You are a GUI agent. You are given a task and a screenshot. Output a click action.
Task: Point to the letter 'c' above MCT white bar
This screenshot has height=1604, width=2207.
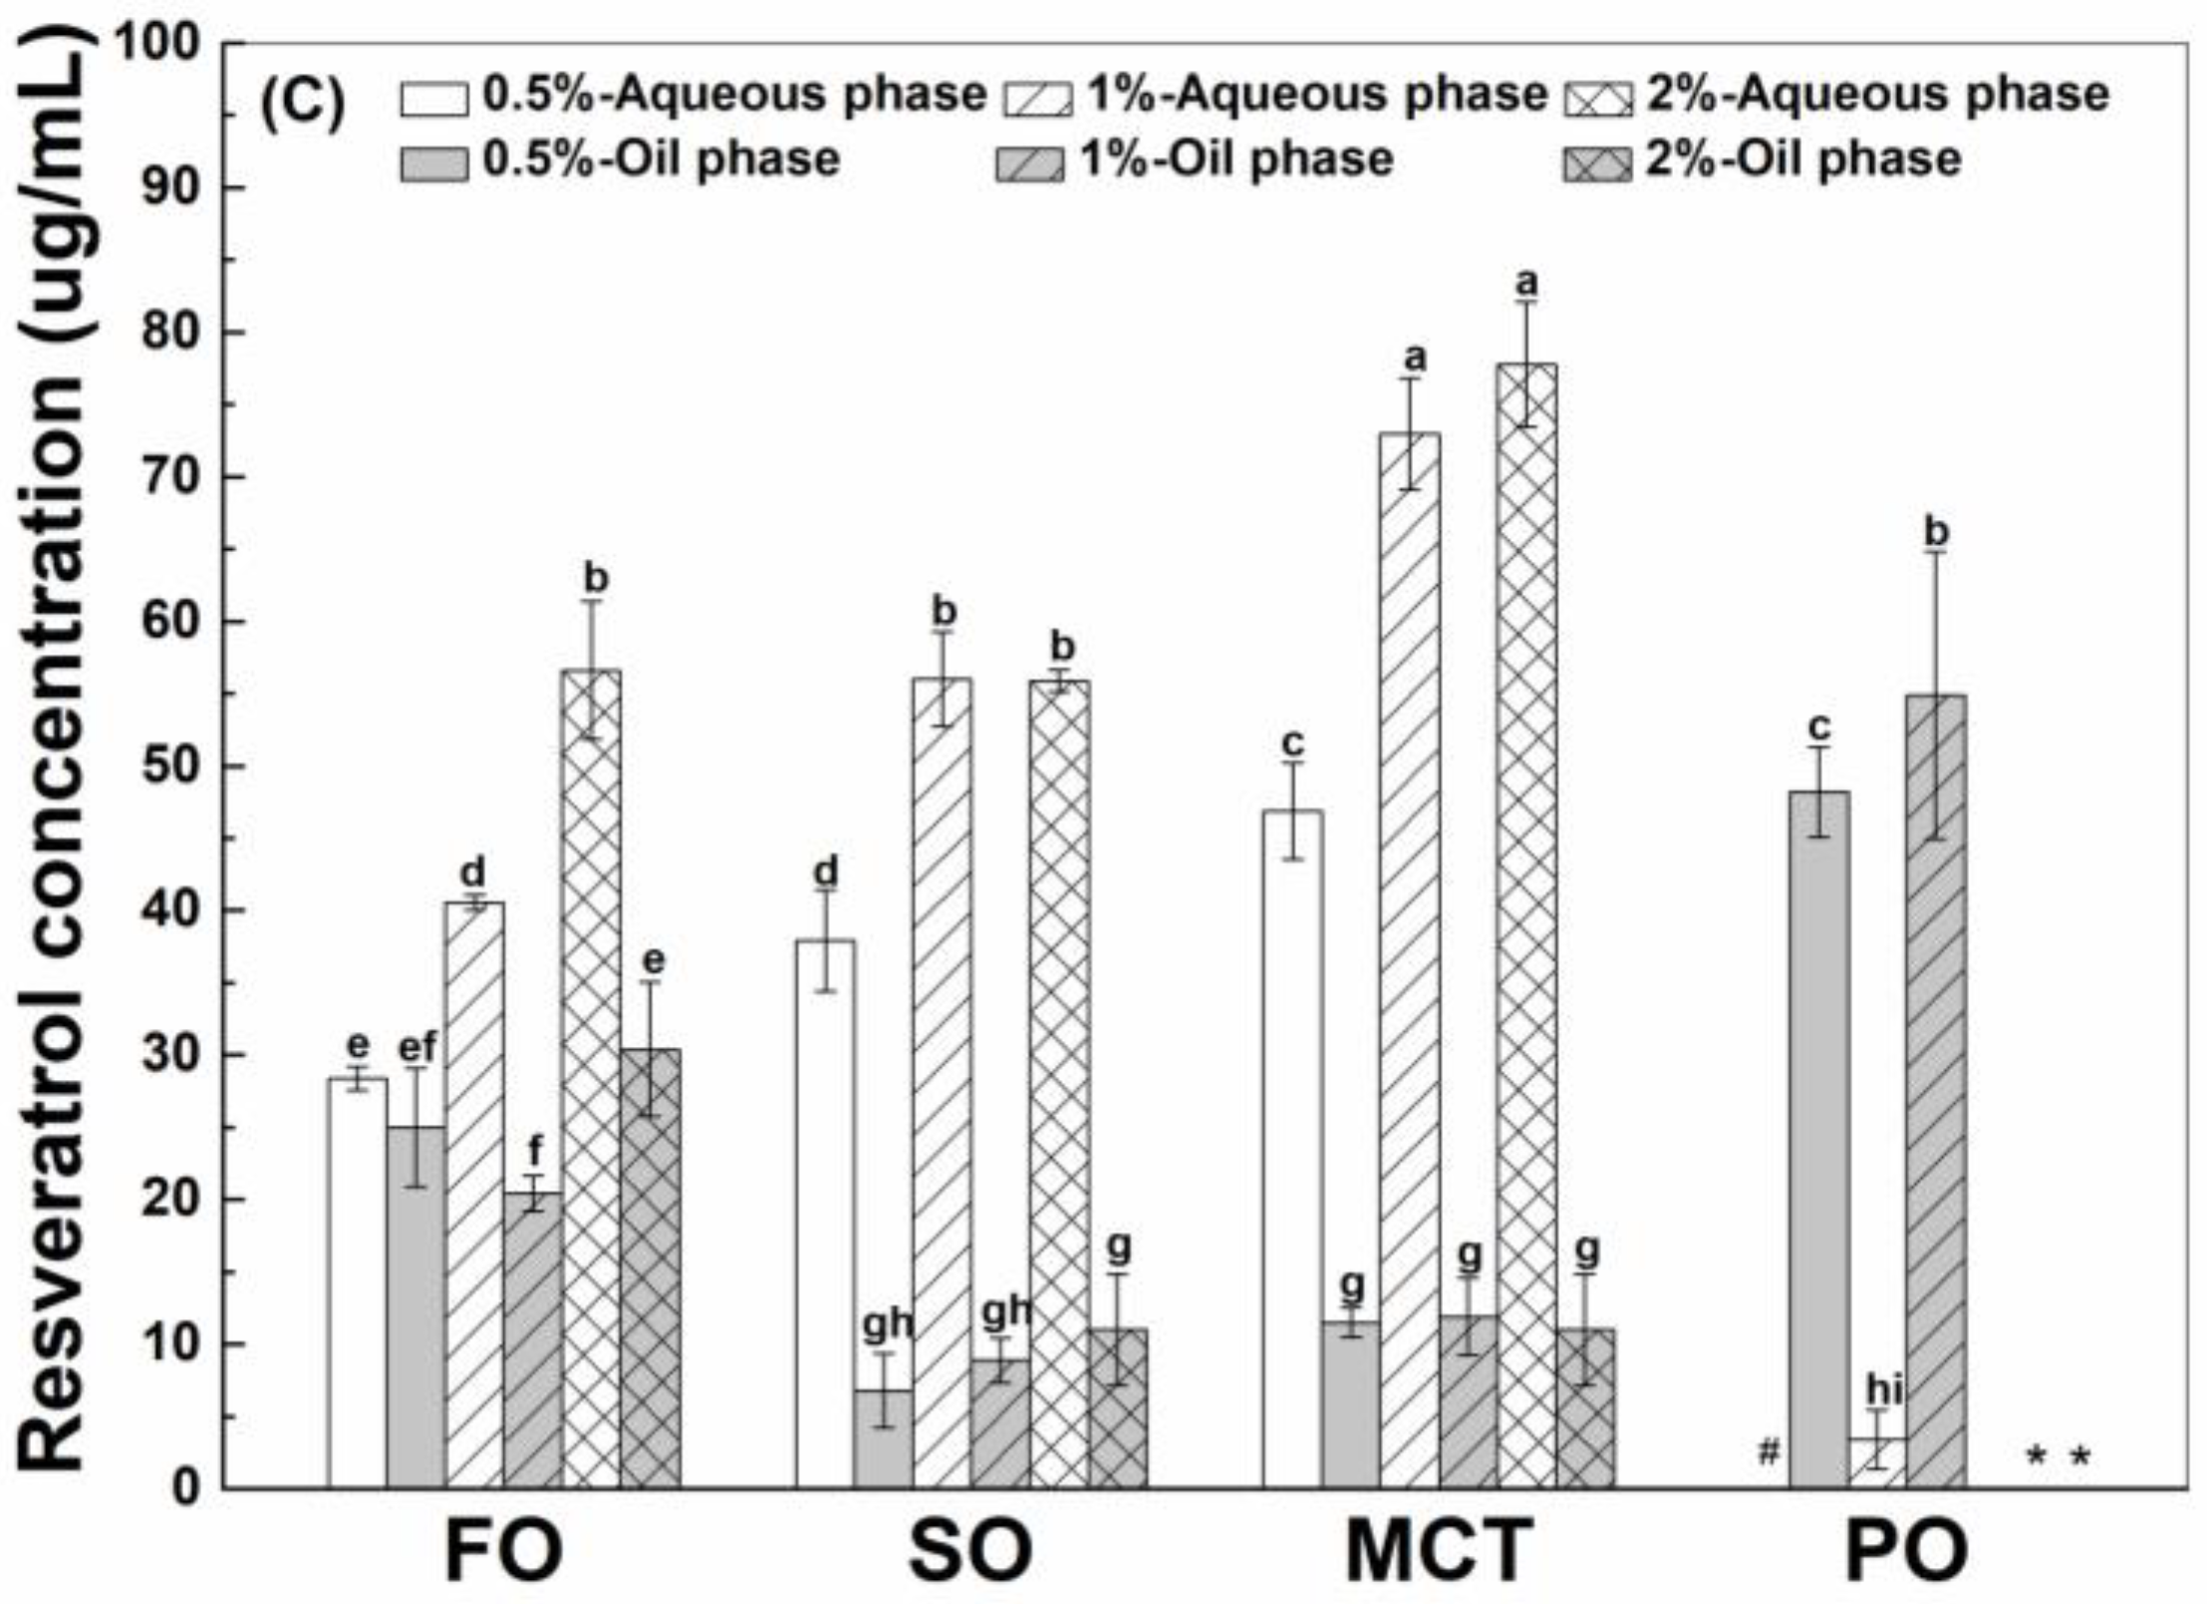pos(1293,742)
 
